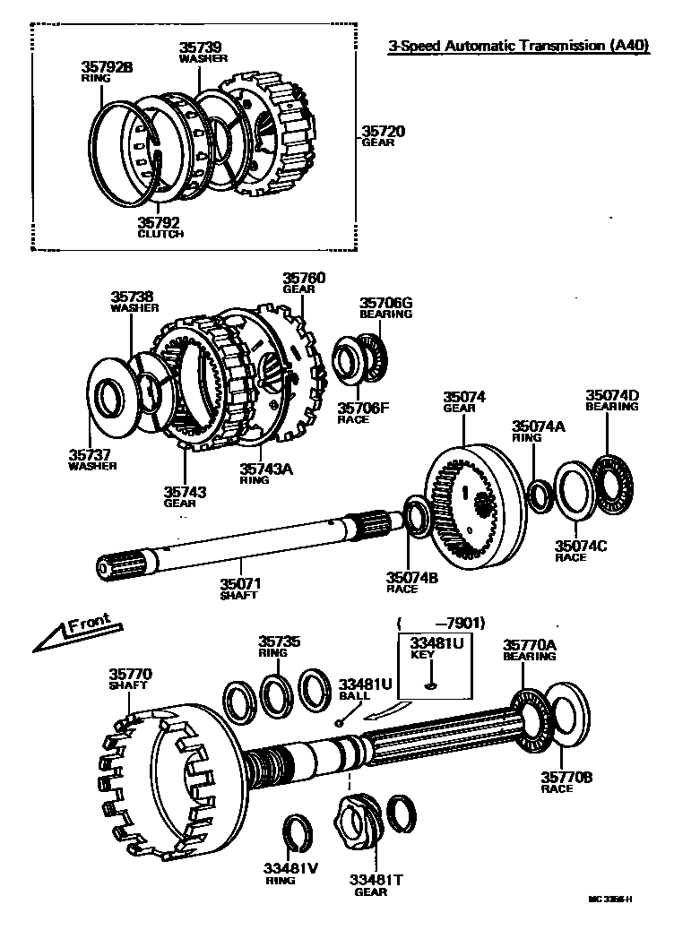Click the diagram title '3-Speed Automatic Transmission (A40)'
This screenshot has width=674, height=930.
point(517,47)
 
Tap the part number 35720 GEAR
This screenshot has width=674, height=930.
point(383,136)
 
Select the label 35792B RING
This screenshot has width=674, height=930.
point(107,71)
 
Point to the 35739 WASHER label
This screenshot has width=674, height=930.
point(203,52)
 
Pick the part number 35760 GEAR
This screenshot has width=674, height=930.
point(304,283)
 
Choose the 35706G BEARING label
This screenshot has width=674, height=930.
point(385,308)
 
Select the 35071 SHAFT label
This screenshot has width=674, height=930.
point(239,589)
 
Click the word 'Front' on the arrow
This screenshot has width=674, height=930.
point(89,625)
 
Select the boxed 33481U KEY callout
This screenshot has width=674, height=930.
point(431,665)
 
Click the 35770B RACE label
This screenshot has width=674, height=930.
point(566,782)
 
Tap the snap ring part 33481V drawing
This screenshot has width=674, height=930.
point(297,835)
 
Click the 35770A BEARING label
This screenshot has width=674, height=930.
point(529,650)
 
